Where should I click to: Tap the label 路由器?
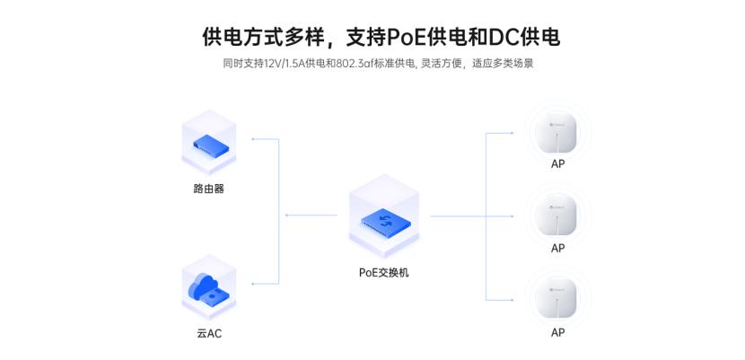tap(208, 189)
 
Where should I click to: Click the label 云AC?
tap(208, 333)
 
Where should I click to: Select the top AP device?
tap(557, 133)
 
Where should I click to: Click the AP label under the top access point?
tap(557, 164)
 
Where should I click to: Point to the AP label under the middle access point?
tap(557, 248)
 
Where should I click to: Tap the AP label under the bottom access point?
tap(557, 332)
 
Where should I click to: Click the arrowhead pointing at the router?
tap(254, 139)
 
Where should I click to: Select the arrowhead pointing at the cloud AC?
tap(254, 284)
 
